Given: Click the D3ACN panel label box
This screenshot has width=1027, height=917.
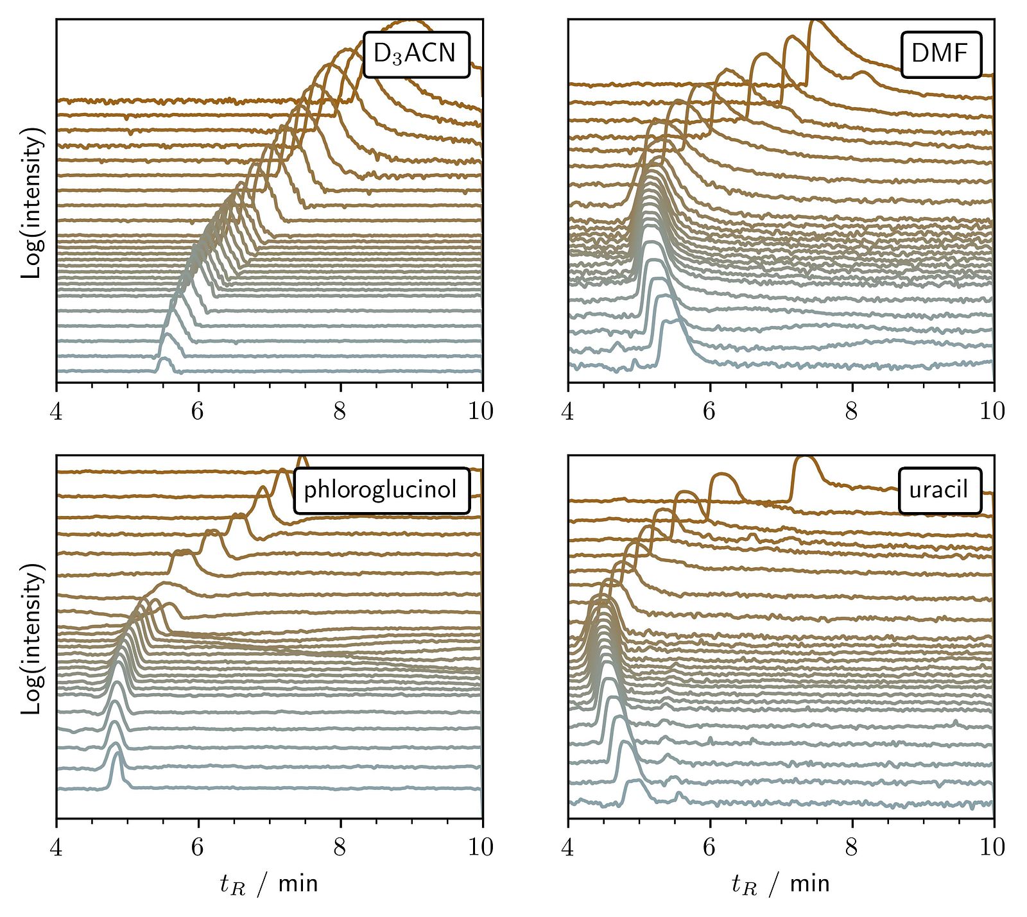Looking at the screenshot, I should [416, 55].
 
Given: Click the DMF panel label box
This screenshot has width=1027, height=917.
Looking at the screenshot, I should [941, 55].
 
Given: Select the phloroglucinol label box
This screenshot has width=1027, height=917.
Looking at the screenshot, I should [382, 491].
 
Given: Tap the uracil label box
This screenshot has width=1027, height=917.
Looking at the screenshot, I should [940, 491].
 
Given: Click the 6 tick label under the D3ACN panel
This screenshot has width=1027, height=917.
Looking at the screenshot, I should [198, 411].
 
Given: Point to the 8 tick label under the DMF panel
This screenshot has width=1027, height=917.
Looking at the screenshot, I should [852, 411].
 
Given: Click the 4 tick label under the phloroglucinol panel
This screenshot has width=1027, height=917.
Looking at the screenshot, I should [56, 847].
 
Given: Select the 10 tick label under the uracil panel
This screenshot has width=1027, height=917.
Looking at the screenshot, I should [992, 847].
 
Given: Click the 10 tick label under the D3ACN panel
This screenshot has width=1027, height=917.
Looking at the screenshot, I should [481, 411].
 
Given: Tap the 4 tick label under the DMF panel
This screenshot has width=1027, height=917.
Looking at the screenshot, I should [567, 411].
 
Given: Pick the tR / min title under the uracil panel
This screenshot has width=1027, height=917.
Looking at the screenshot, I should [780, 884].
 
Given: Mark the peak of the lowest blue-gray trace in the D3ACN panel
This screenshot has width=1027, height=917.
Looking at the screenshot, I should [164, 361].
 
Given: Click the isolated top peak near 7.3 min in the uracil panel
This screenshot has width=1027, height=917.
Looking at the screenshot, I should [804, 459].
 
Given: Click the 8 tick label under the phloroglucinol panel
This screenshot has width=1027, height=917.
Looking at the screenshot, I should [340, 847].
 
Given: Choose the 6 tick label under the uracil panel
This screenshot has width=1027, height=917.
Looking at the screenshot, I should [709, 847].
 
